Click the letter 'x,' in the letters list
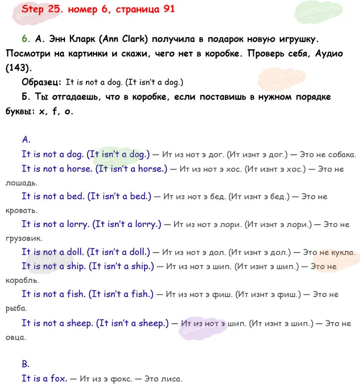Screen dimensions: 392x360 [43, 112]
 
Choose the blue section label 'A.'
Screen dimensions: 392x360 [26, 140]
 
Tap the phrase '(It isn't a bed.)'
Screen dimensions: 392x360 [119, 196]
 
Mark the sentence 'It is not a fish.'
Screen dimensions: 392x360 [53, 295]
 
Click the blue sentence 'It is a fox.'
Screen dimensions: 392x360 [44, 378]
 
